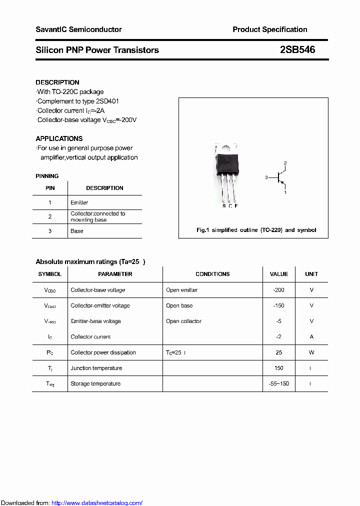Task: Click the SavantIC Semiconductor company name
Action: coord(78,29)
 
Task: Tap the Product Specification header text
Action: coord(269,29)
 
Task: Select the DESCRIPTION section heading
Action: coord(57,82)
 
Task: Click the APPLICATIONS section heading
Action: coord(59,138)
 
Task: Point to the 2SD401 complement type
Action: coord(107,101)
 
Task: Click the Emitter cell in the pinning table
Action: coord(79,202)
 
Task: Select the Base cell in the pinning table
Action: coord(77,231)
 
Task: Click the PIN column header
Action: coord(50,188)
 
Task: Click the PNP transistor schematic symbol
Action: coord(280,177)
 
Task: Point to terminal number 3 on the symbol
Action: coord(267,177)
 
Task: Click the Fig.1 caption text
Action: coord(256,230)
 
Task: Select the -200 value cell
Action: coord(278,290)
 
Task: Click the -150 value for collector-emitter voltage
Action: coord(278,305)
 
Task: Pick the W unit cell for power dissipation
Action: coord(311,352)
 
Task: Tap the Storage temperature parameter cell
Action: coord(95,383)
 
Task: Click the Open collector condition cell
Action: coord(183,321)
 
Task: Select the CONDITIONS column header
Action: coord(212,274)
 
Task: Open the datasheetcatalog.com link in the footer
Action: coord(97,503)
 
